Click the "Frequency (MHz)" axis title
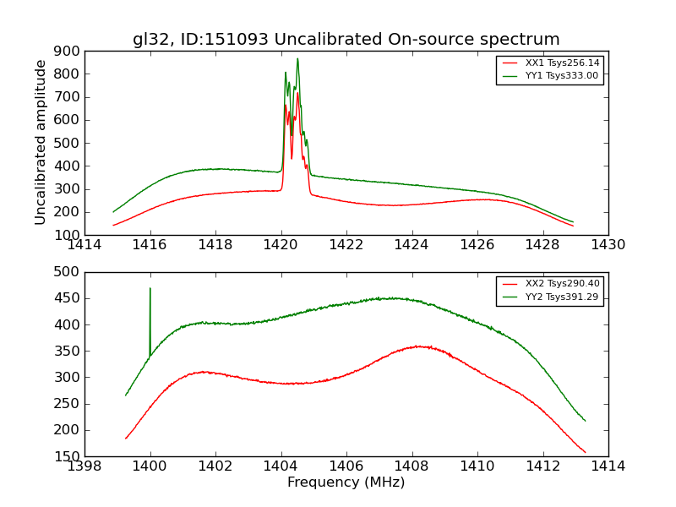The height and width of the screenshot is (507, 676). pos(346,482)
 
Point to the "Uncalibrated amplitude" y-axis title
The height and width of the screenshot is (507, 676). pos(41,142)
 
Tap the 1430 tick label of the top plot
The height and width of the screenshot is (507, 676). pos(608,245)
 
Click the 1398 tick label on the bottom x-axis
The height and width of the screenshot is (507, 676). pos(85,466)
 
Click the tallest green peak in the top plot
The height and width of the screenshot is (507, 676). pos(297,59)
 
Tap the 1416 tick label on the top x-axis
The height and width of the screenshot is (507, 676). pos(150,245)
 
